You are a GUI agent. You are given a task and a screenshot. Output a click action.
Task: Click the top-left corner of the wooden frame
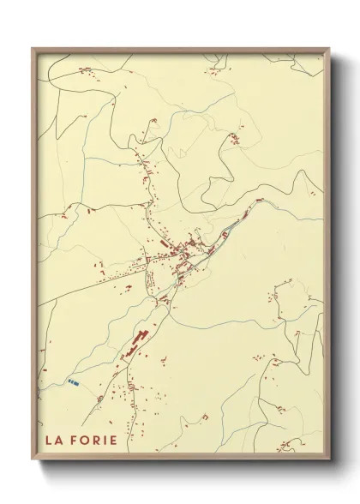tap(33, 49)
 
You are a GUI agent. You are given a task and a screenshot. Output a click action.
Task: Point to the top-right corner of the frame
tap(329, 49)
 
